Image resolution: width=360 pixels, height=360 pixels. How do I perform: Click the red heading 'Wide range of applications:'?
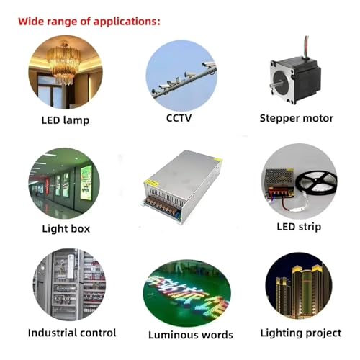(89, 22)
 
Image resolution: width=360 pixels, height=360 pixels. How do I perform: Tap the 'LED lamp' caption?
(66, 120)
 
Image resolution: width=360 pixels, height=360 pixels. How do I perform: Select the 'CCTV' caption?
(179, 118)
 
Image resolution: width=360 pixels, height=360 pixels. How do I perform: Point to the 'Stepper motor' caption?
(297, 118)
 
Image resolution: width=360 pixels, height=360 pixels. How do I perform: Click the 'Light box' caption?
(66, 229)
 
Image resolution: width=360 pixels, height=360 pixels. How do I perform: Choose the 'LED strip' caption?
(299, 227)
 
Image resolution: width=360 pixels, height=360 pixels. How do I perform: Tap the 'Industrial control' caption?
(72, 333)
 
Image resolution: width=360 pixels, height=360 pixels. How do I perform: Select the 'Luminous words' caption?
(191, 335)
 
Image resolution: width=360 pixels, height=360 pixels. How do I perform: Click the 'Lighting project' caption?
(301, 333)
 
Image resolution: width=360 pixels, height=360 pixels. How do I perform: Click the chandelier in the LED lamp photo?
(63, 63)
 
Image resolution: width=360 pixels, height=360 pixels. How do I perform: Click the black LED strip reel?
(316, 182)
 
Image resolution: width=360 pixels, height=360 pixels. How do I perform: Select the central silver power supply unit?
(182, 186)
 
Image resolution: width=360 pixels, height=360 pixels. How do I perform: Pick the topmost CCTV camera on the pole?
(209, 64)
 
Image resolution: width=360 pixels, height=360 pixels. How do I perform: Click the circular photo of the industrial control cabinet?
(69, 285)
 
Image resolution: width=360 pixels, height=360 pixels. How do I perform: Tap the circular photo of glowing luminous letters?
(187, 293)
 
